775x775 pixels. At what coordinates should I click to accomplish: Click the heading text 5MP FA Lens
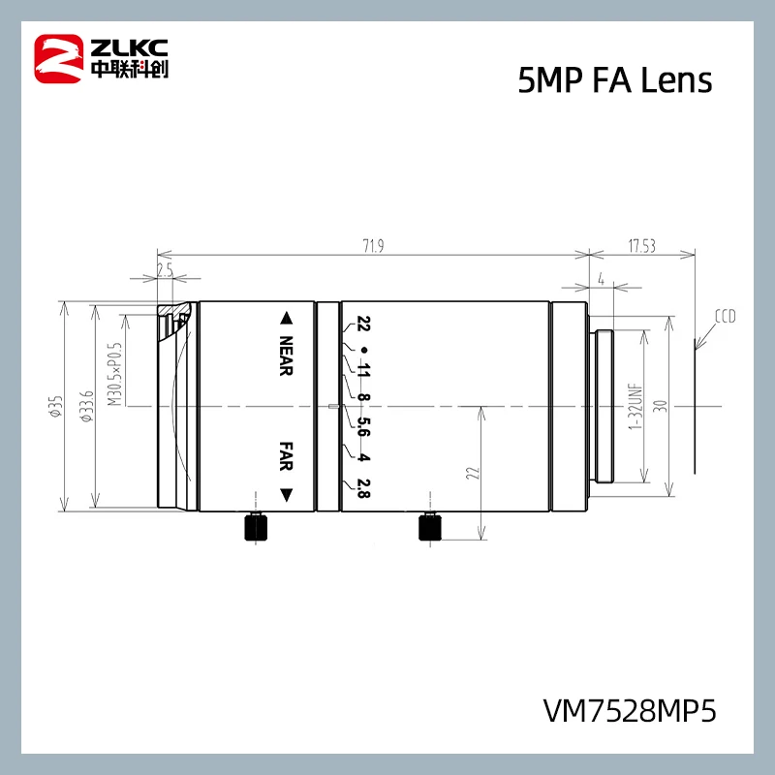[x=615, y=81]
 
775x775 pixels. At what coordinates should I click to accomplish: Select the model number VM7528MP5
[x=630, y=712]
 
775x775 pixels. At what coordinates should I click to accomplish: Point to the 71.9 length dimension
[x=373, y=247]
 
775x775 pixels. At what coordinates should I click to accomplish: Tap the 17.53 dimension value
[x=642, y=247]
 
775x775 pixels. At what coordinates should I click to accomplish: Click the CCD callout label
[x=726, y=316]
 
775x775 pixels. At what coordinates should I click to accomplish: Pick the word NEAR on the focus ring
[x=286, y=356]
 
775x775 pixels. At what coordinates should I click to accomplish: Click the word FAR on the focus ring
[x=286, y=455]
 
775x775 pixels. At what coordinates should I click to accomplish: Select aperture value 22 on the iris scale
[x=364, y=325]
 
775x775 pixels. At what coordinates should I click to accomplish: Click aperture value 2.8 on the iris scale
[x=364, y=488]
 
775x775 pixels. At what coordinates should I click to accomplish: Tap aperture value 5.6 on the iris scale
[x=364, y=426]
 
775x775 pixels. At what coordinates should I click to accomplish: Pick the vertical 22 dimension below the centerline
[x=472, y=473]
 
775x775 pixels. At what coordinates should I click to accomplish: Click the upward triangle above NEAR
[x=286, y=318]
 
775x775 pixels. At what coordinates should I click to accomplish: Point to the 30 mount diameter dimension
[x=662, y=406]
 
